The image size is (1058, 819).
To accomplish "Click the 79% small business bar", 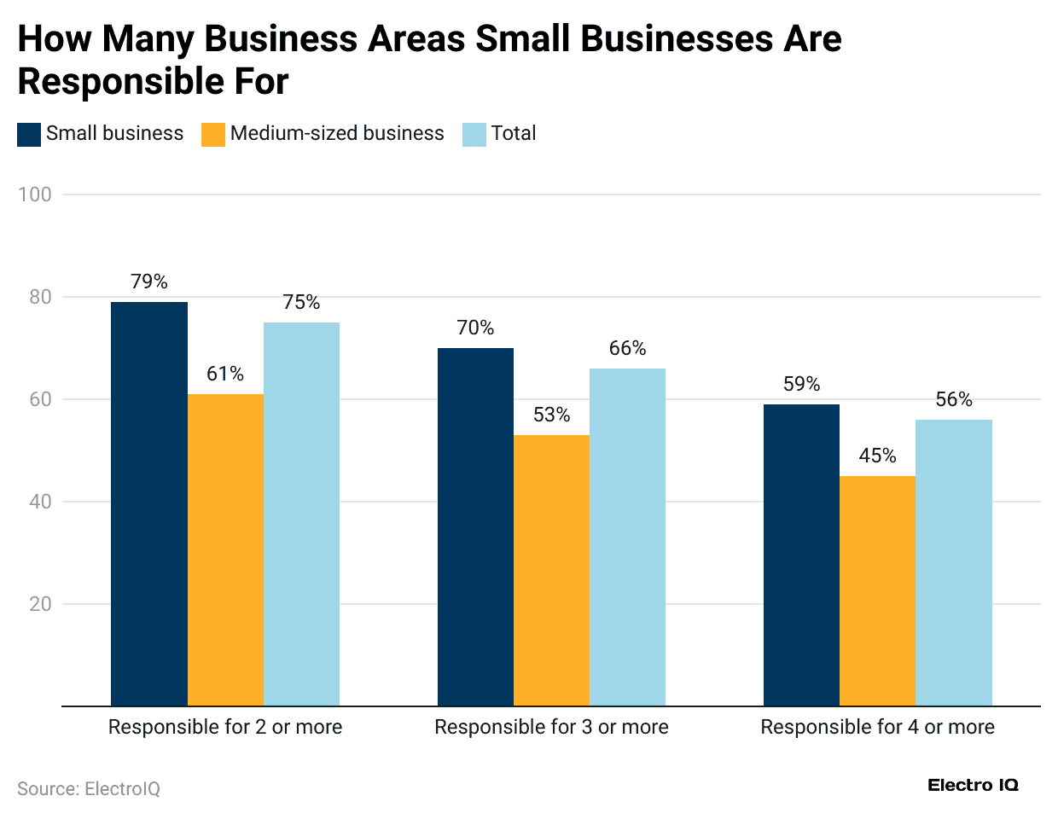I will coord(149,503).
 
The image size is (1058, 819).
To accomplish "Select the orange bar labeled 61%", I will coord(225,549).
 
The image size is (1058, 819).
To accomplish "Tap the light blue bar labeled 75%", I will coord(301,514).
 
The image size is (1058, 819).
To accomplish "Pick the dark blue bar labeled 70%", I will coord(475,526).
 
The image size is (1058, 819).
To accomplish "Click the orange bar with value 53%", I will coord(551,570).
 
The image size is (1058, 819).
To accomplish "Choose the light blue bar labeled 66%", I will coord(627,537).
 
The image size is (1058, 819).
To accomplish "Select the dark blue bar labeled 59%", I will coord(801,555).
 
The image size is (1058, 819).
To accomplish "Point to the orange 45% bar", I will coord(877,590).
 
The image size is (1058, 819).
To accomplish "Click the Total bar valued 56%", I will coord(953,562).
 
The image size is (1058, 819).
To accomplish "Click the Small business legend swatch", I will coord(29,134).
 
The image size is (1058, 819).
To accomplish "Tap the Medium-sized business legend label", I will coord(337,134).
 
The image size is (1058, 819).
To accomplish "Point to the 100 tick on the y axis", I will coord(35,195).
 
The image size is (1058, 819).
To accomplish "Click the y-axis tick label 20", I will coord(40,604).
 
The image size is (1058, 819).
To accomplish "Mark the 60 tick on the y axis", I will coord(40,399).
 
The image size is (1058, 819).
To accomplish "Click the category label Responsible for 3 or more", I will coord(551,727).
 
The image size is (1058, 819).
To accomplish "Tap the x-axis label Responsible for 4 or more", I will coord(877,727).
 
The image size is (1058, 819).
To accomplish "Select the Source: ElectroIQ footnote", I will coord(89,789).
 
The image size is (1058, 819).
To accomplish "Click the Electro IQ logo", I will coord(973,785).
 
